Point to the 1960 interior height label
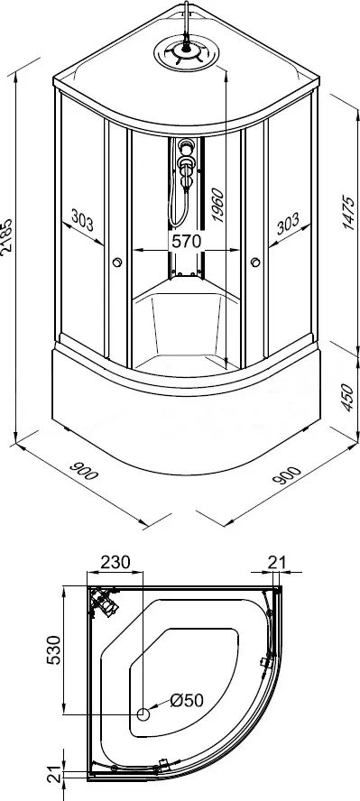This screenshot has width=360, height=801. pos(217,206)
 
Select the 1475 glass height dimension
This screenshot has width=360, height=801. pos(349,212)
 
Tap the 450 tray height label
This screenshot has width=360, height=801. pos(346,398)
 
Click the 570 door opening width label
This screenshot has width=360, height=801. pos(187,241)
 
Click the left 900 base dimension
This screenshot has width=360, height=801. pos(83,471)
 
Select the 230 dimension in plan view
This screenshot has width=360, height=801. pos(115,562)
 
